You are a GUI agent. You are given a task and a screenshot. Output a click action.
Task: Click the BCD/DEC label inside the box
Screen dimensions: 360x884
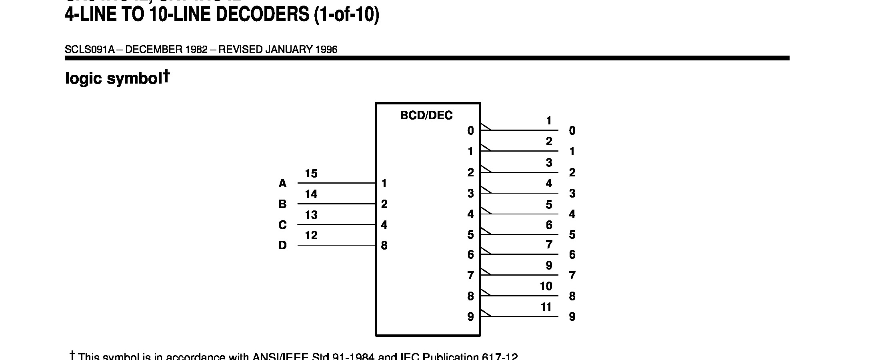point(426,116)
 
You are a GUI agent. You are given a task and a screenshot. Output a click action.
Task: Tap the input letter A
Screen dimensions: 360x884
point(282,184)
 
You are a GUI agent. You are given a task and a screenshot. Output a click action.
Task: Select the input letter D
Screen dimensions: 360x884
point(282,245)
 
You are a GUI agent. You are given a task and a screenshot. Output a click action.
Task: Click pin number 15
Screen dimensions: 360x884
point(311,174)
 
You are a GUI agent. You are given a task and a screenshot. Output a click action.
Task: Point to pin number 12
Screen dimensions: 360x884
point(311,235)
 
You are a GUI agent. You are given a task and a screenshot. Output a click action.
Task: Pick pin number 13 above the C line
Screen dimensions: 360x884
point(311,215)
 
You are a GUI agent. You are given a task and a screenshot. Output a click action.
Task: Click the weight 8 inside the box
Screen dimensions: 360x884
point(384,246)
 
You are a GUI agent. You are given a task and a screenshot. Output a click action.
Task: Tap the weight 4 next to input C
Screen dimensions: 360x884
point(384,225)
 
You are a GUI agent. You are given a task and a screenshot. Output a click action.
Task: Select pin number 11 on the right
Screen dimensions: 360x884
point(546,307)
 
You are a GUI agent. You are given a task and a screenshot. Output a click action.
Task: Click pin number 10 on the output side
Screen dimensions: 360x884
point(546,286)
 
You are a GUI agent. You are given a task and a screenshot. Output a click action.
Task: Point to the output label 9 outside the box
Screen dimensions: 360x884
point(572,317)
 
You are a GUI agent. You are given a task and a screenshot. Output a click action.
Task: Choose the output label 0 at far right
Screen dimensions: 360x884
point(572,131)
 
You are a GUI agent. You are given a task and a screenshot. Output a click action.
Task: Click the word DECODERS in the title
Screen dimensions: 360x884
point(262,15)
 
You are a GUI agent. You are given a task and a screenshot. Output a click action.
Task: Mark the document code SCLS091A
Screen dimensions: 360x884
point(90,50)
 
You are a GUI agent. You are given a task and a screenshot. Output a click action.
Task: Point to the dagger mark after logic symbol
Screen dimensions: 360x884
point(166,76)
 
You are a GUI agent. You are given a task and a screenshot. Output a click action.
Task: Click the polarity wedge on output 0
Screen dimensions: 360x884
point(485,127)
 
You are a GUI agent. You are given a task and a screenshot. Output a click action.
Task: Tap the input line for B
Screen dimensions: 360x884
point(336,204)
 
